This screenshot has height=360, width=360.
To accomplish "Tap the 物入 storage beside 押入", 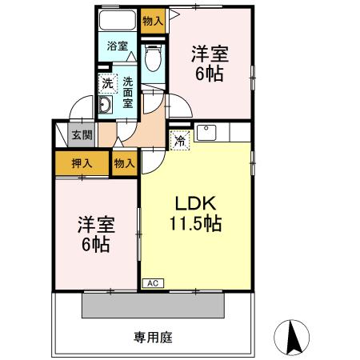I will tap(124, 162).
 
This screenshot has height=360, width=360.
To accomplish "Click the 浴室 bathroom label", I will tap(118, 46).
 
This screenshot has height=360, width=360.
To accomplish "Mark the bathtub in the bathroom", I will tap(118, 19).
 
